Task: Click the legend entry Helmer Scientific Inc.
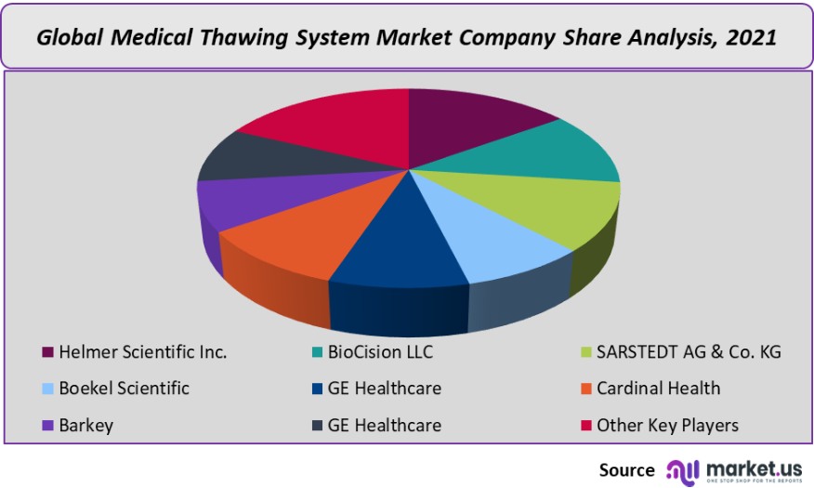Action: pos(142,352)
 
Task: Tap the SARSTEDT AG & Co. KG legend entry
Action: pos(689,352)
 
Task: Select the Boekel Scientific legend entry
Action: pos(124,389)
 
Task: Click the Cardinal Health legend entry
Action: pos(658,389)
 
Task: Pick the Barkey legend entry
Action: pos(85,426)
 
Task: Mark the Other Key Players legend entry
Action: pos(667,426)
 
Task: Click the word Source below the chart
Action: pos(627,469)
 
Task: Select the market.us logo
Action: pos(739,468)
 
